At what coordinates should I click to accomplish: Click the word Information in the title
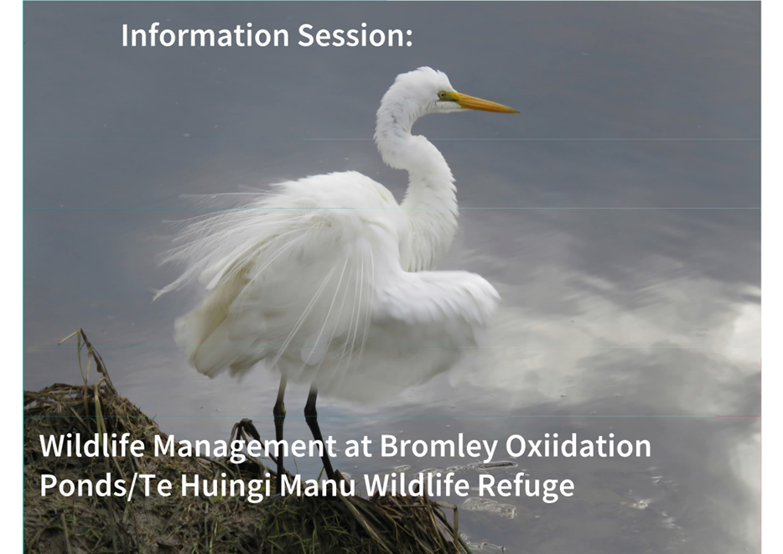pyautogui.click(x=205, y=35)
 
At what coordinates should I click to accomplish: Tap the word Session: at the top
pyautogui.click(x=355, y=35)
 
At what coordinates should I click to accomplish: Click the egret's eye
pyautogui.click(x=442, y=94)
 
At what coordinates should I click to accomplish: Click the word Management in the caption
pyautogui.click(x=245, y=447)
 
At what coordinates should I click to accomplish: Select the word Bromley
pyautogui.click(x=438, y=447)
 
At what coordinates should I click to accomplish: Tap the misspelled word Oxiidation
pyautogui.click(x=578, y=446)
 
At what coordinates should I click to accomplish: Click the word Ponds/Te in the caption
pyautogui.click(x=106, y=485)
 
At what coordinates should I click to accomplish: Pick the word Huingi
pyautogui.click(x=226, y=485)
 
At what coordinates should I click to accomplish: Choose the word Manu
pyautogui.click(x=317, y=485)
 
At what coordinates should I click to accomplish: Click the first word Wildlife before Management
pyautogui.click(x=92, y=446)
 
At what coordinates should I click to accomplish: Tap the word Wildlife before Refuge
pyautogui.click(x=416, y=485)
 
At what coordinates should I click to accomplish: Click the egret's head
pyautogui.click(x=424, y=90)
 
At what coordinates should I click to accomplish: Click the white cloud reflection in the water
pyautogui.click(x=625, y=339)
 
